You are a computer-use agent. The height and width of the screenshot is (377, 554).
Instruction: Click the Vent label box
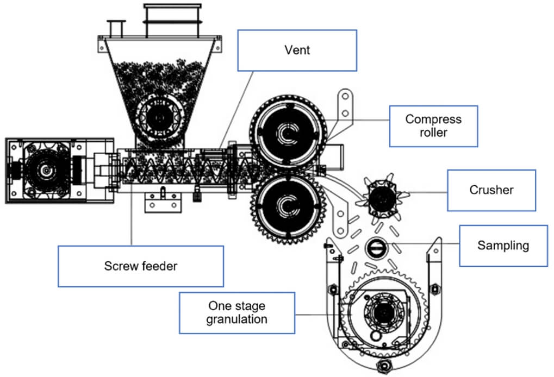coord(297,50)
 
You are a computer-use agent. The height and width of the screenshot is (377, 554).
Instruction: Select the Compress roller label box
coord(433,126)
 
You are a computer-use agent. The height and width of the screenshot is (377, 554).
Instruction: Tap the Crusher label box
coord(491,190)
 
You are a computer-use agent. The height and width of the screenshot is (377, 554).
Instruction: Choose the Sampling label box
coord(503,246)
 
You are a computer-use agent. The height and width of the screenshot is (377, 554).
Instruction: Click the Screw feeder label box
coord(140,266)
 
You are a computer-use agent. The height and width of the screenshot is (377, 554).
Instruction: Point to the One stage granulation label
coord(236,312)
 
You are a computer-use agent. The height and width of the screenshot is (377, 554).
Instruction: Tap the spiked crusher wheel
coord(381,197)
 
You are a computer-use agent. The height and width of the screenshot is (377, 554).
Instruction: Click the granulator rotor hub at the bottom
coord(383,313)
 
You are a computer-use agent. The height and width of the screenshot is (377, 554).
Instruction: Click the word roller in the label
coord(433,133)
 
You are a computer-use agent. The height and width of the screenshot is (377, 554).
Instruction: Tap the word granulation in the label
coord(236,319)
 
